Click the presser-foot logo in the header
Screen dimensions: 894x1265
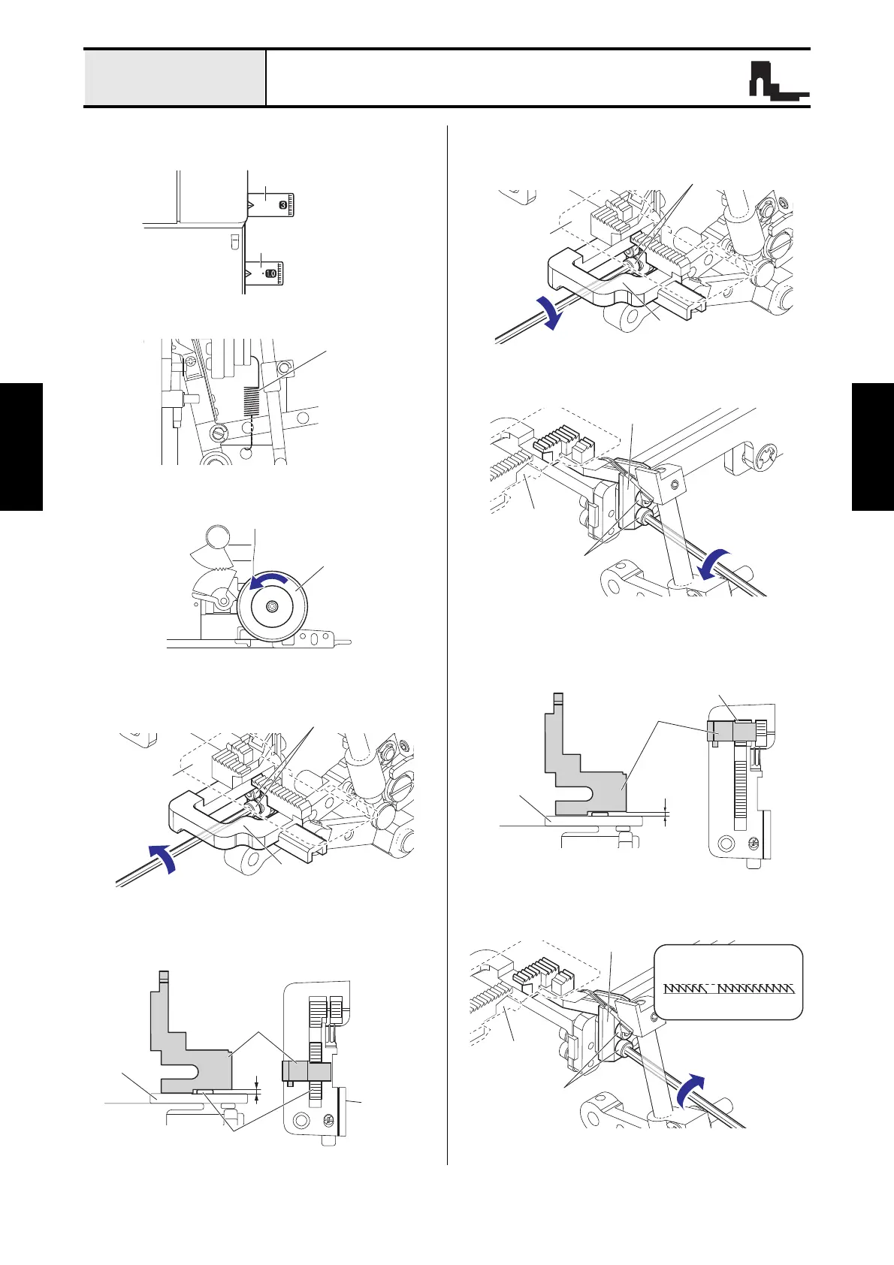pyautogui.click(x=778, y=80)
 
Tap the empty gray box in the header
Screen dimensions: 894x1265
pyautogui.click(x=174, y=78)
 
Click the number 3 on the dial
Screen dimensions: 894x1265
pyautogui.click(x=282, y=204)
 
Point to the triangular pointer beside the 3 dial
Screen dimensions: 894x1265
pyautogui.click(x=251, y=204)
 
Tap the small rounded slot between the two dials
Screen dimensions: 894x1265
pyautogui.click(x=234, y=240)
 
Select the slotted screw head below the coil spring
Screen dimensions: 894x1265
pyautogui.click(x=219, y=433)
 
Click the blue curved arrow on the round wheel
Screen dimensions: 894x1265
pyautogui.click(x=269, y=581)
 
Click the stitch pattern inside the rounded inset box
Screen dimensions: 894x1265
pyautogui.click(x=729, y=989)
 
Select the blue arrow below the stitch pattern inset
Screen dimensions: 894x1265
pyautogui.click(x=693, y=1090)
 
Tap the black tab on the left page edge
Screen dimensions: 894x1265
pyautogui.click(x=21, y=446)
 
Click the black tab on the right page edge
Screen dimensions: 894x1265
pyautogui.click(x=873, y=446)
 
